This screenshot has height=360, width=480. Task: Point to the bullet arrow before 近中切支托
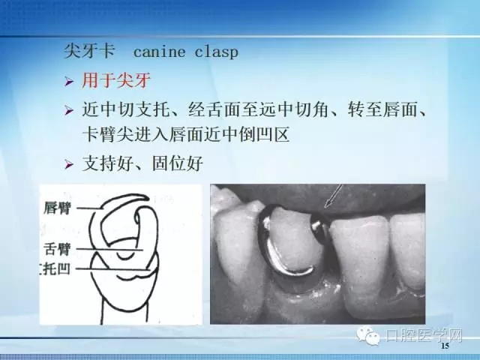point(69,111)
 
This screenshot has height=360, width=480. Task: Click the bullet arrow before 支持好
point(69,164)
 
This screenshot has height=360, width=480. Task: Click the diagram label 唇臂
point(58,207)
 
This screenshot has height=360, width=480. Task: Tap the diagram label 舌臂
point(58,246)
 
